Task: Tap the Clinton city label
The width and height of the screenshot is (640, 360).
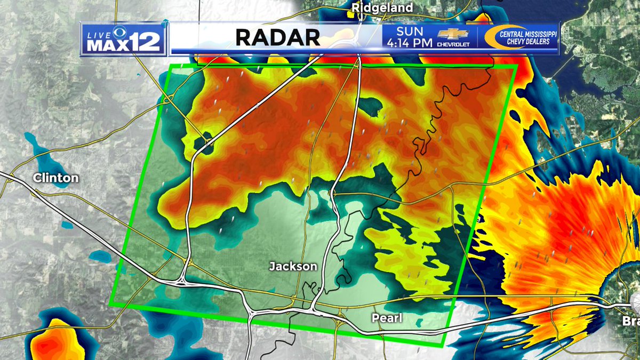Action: point(55,178)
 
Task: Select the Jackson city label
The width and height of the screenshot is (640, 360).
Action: point(293,266)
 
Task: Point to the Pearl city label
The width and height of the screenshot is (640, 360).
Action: point(387,318)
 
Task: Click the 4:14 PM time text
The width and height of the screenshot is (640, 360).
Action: point(409,43)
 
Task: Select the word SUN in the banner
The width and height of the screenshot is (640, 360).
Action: point(409,31)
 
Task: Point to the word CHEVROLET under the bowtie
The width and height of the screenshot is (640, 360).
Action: point(453,45)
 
